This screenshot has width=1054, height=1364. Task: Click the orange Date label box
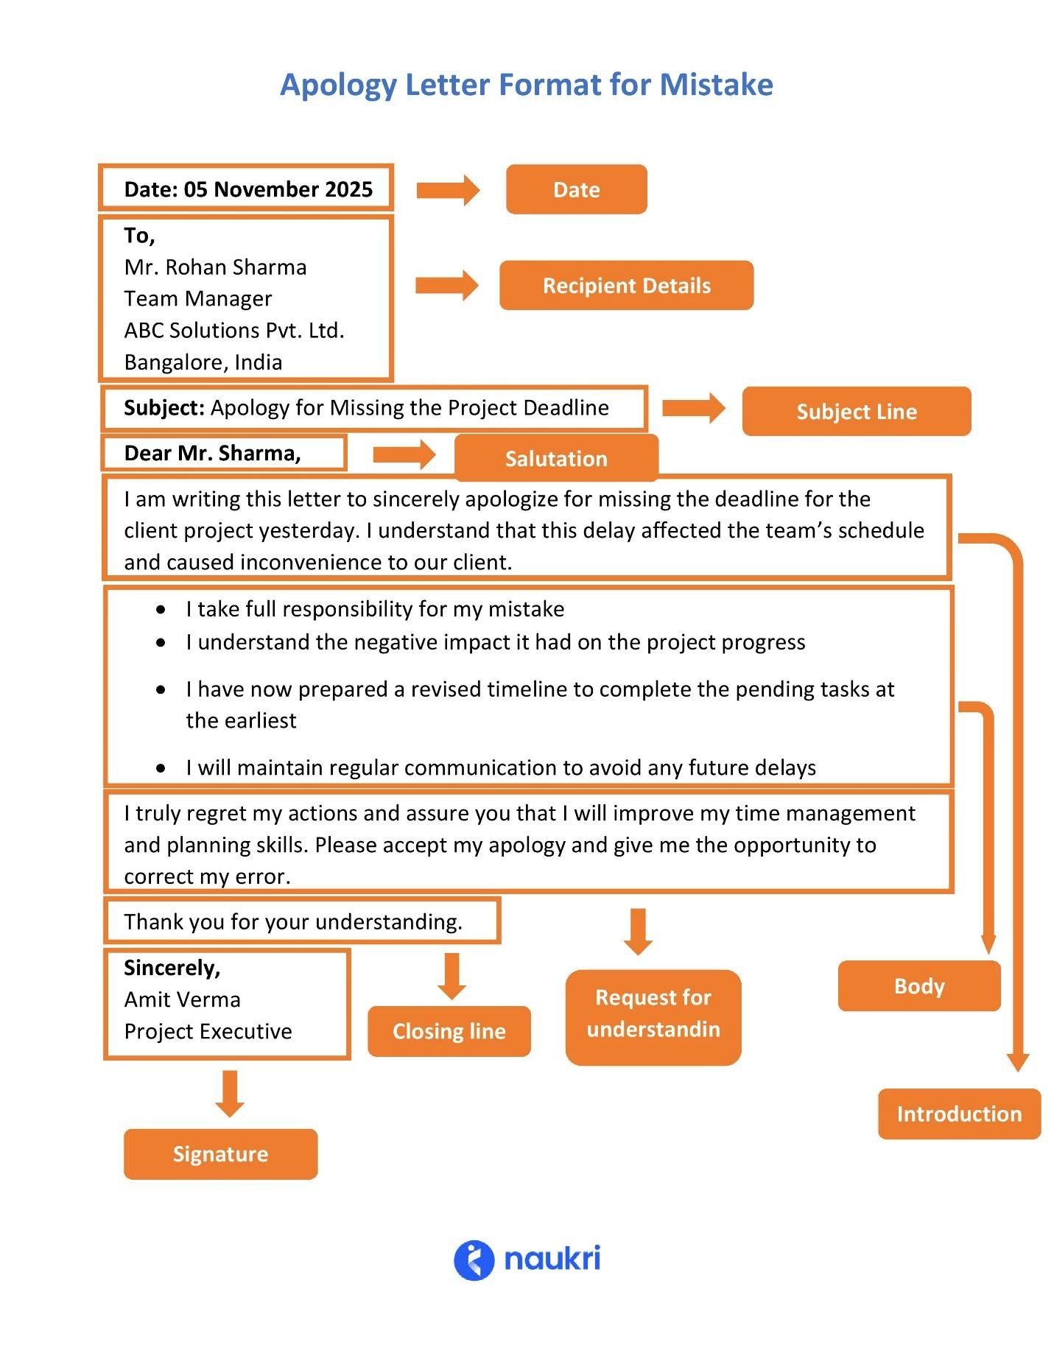click(576, 189)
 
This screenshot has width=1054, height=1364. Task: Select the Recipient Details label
click(626, 285)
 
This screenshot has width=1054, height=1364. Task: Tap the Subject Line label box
click(856, 411)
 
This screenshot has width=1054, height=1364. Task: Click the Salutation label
click(556, 458)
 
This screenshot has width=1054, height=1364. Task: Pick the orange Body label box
click(918, 985)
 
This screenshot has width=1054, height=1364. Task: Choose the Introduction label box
click(958, 1114)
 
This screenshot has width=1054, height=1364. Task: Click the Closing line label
click(449, 1031)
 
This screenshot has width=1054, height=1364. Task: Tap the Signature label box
click(220, 1153)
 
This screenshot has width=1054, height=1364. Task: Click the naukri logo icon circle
click(473, 1260)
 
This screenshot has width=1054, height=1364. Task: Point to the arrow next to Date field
click(447, 190)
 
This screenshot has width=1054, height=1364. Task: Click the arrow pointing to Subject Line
click(692, 407)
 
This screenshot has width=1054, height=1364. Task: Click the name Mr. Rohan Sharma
click(215, 267)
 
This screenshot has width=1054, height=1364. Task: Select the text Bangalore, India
click(203, 362)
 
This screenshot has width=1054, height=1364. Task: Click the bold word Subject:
click(164, 407)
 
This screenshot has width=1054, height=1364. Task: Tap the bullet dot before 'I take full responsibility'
click(161, 609)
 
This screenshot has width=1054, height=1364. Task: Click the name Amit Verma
click(182, 999)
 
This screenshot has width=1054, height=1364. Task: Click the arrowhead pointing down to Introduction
click(1017, 1062)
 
